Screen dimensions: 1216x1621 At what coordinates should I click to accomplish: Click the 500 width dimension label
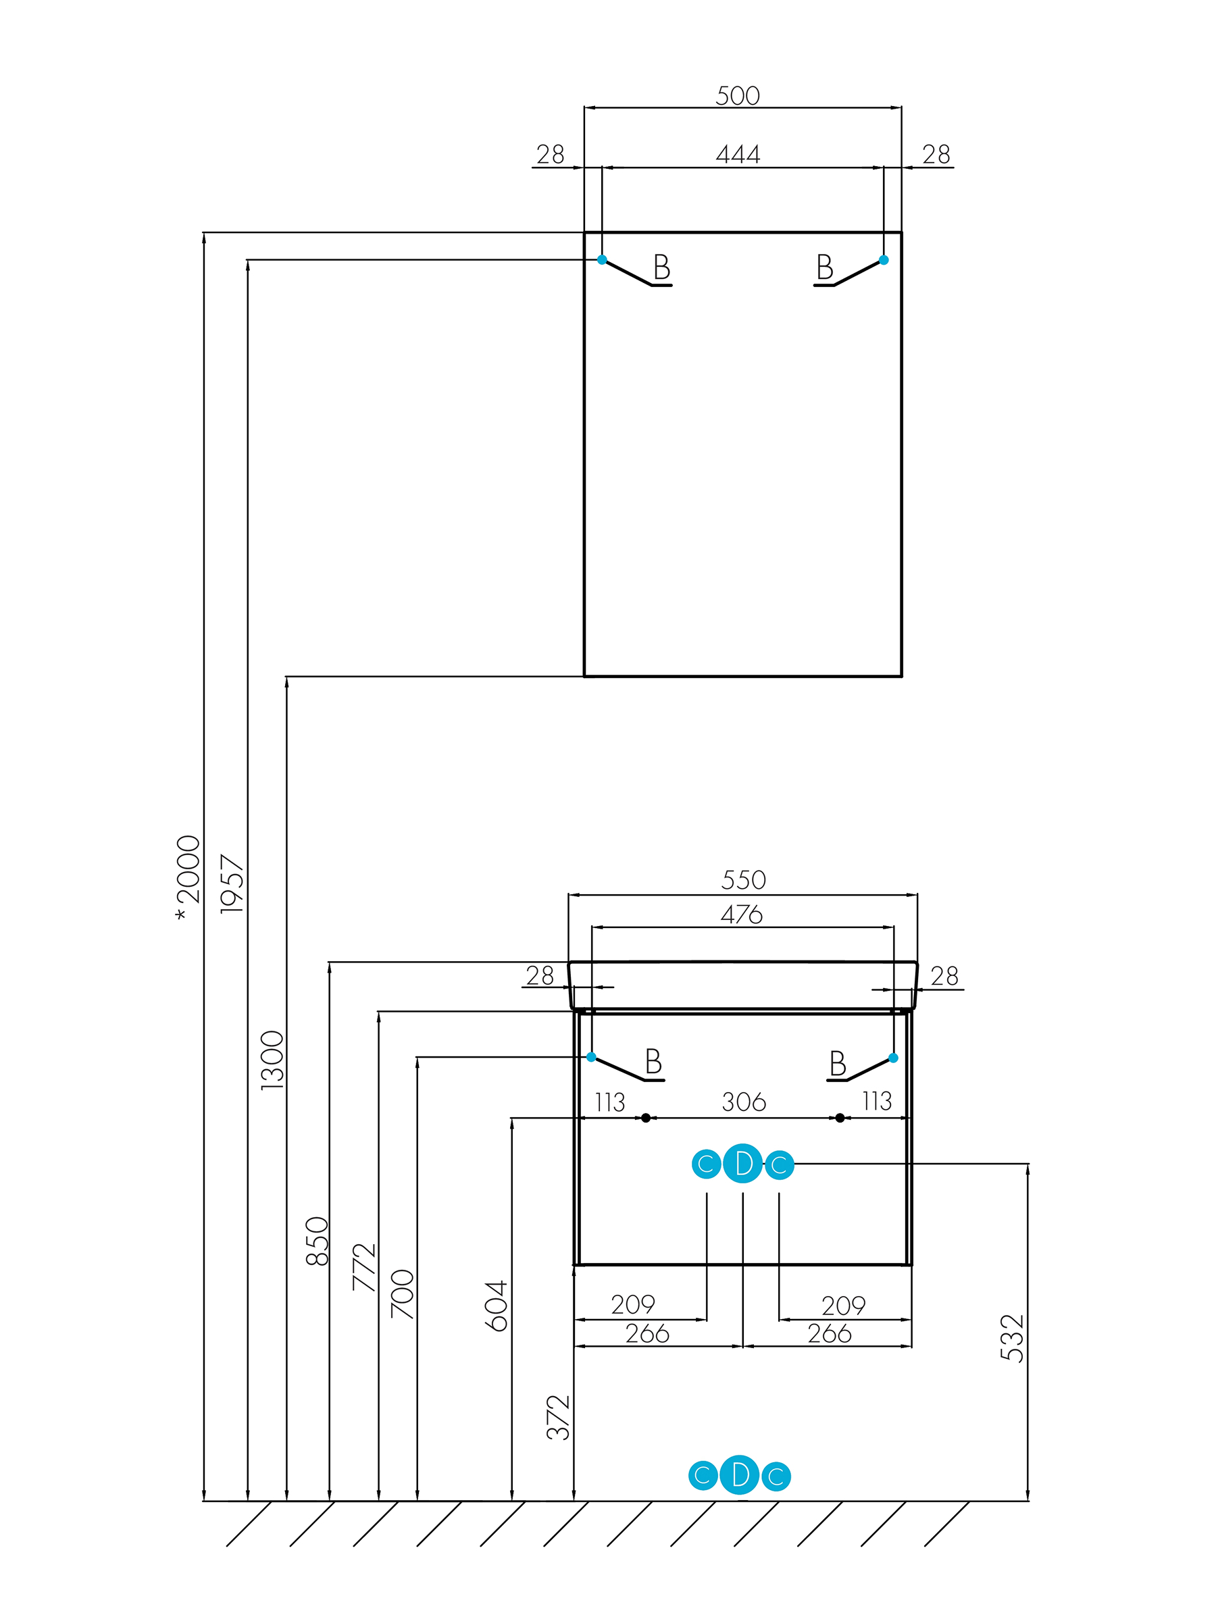[738, 95]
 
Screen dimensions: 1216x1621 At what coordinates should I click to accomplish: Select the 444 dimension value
[738, 155]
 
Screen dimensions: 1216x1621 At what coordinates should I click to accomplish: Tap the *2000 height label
[188, 878]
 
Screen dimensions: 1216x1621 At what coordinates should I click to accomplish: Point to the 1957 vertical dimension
[232, 883]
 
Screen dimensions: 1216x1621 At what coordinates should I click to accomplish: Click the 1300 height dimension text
[272, 1060]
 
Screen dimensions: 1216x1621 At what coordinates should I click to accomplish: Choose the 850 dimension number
[317, 1241]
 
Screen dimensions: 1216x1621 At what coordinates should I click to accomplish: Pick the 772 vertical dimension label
[364, 1267]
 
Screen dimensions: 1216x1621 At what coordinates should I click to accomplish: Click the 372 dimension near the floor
[559, 1417]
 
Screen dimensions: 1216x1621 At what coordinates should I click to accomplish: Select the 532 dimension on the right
[1011, 1338]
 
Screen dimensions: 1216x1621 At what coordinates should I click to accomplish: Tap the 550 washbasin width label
[743, 879]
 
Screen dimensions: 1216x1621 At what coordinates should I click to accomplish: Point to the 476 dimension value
[742, 914]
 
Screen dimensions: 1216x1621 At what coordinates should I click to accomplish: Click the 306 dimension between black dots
[743, 1102]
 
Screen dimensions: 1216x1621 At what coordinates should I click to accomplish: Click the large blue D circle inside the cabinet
[742, 1164]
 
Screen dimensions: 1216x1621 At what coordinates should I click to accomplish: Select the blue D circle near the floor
[740, 1474]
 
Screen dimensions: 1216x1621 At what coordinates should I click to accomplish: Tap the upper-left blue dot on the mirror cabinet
[602, 259]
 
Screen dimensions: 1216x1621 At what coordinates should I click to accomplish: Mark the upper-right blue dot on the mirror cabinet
[883, 259]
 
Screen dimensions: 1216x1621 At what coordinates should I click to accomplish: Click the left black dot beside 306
[646, 1118]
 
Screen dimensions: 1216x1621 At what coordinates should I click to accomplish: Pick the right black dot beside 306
[840, 1118]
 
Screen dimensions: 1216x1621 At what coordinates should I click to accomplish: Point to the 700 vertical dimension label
[403, 1294]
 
